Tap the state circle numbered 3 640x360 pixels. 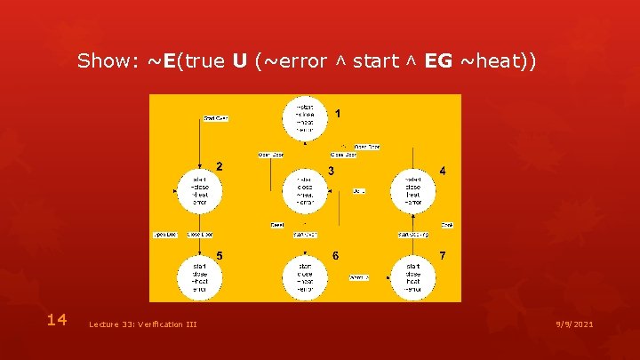tap(305, 190)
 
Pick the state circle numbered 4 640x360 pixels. tap(412, 190)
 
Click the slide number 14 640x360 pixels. tap(57, 320)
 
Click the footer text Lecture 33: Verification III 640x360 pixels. tap(143, 324)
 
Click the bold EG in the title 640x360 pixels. tap(439, 61)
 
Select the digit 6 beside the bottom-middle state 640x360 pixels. tap(335, 256)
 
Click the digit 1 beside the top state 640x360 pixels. tap(337, 114)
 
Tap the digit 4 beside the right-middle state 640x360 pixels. tap(443, 170)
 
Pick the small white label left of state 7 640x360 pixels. tap(359, 277)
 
